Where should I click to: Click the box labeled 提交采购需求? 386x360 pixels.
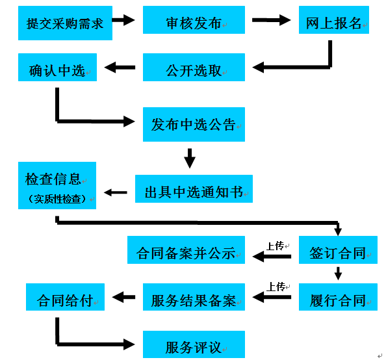[x=65, y=23]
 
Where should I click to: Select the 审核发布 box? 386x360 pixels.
[x=194, y=20]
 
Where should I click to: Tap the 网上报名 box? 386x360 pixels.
[x=334, y=20]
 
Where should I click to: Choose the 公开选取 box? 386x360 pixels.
[x=194, y=67]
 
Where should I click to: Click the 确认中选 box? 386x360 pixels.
[x=57, y=67]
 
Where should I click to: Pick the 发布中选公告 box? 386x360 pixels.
[x=194, y=124]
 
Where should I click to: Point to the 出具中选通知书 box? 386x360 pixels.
[x=194, y=189]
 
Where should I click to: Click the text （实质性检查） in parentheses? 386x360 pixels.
[x=57, y=199]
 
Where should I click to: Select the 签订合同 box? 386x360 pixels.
[x=338, y=250]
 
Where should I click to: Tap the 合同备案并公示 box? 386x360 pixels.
[x=186, y=250]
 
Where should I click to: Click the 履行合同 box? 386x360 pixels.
[x=338, y=297]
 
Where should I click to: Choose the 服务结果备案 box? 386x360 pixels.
[x=194, y=297]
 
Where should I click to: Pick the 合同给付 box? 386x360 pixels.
[x=65, y=297]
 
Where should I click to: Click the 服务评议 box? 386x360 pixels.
[x=194, y=344]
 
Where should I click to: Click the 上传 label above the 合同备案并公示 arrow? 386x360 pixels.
[x=276, y=246]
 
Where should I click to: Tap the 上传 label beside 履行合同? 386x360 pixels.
[x=276, y=287]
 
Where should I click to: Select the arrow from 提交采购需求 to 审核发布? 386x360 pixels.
[x=123, y=20]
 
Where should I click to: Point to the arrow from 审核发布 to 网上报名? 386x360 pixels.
[x=272, y=20]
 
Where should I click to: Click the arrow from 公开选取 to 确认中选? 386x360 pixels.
[x=120, y=67]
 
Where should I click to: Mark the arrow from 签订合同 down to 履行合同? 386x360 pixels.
[x=338, y=274]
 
